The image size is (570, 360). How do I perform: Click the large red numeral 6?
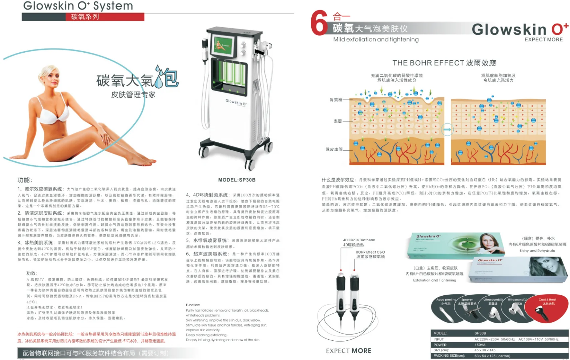click(x=319, y=23)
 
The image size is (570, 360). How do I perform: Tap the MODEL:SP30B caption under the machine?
click(x=237, y=180)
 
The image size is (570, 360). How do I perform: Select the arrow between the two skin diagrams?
click(x=447, y=129)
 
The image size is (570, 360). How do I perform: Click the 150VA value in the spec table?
click(x=480, y=345)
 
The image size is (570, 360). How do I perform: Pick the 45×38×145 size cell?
click(x=485, y=350)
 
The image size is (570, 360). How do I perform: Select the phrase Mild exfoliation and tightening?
click(x=376, y=39)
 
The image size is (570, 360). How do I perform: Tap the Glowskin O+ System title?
click(x=78, y=6)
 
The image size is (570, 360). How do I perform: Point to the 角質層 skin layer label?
click(x=336, y=100)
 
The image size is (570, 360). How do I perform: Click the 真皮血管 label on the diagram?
click(x=334, y=149)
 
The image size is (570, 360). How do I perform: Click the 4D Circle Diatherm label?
click(x=359, y=240)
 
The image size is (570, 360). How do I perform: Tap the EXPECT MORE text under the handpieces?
click(x=348, y=351)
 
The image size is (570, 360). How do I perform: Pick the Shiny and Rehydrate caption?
click(x=537, y=251)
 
